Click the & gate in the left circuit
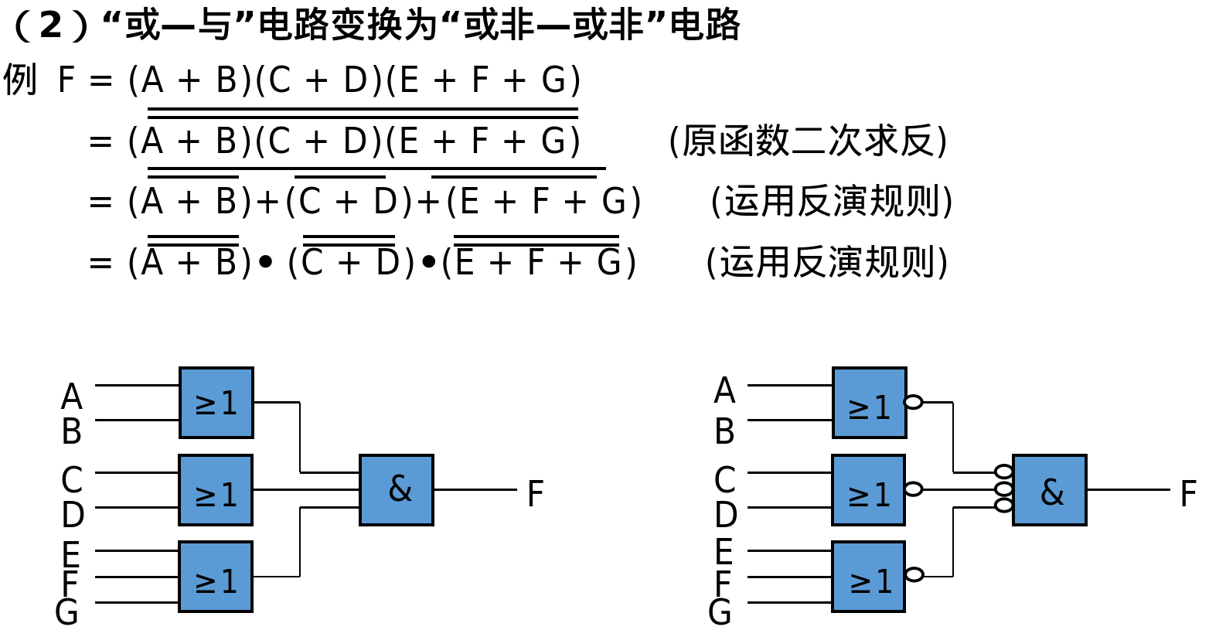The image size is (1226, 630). coord(396,489)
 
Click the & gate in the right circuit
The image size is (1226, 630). coord(1049,489)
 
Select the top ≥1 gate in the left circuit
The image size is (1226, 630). coord(216,402)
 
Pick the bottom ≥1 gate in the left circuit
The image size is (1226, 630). coord(216,577)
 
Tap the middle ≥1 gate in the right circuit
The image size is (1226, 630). coord(868,489)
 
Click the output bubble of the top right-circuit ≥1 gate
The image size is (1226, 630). coord(914,402)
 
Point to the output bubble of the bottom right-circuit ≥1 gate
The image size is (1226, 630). coord(914,574)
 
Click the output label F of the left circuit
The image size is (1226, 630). coord(535,494)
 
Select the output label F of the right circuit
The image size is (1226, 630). coord(1188,494)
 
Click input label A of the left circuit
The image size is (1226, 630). coord(71,397)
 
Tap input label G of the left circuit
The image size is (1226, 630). coord(67,612)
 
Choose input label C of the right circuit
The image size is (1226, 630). coord(724,480)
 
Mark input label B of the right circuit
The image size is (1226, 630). coord(724,431)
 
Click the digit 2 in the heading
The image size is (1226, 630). coord(50,26)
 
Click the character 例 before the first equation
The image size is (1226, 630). coord(19,80)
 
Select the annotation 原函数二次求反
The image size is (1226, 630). coord(808,141)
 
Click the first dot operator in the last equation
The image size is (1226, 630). coord(266,263)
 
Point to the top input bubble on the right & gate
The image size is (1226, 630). coord(1003,472)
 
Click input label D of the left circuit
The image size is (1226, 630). coord(73,514)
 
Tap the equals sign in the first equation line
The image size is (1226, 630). coord(100,80)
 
